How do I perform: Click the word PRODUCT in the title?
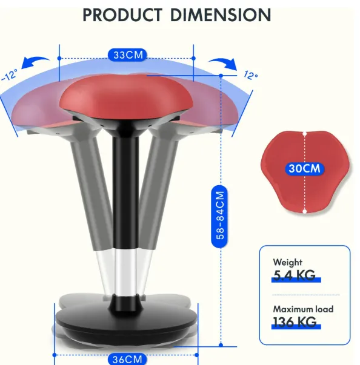click(x=122, y=15)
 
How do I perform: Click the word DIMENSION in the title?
click(x=221, y=15)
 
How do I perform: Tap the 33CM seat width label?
click(x=128, y=55)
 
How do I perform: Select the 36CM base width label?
click(x=127, y=359)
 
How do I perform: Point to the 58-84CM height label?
click(x=219, y=215)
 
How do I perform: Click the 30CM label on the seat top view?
click(x=304, y=168)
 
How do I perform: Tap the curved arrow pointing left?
click(x=35, y=62)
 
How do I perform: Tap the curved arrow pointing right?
click(x=223, y=64)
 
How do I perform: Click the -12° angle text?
click(x=9, y=75)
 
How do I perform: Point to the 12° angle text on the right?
click(x=251, y=75)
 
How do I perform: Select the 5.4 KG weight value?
click(x=294, y=275)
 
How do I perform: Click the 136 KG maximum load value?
click(x=295, y=322)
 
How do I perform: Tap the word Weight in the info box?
click(x=288, y=262)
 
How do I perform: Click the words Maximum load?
click(x=303, y=309)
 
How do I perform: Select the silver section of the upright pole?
click(x=125, y=272)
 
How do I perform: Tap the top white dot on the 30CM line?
click(x=304, y=134)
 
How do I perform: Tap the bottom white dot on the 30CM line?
click(x=304, y=211)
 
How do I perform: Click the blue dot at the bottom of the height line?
click(x=221, y=345)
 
